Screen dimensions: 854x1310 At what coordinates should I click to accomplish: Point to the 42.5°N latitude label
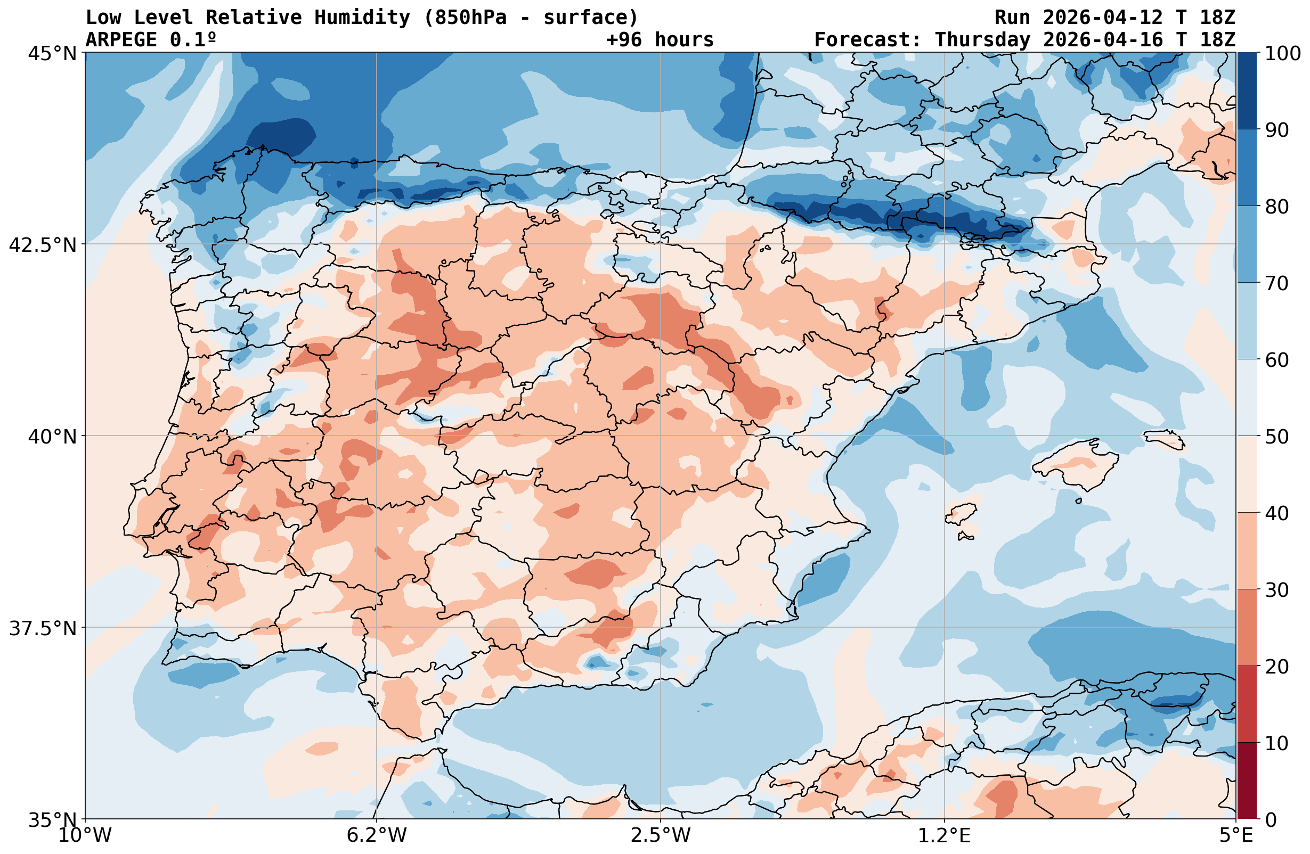tap(43, 245)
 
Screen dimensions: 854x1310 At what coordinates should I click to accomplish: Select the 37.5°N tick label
tap(43, 628)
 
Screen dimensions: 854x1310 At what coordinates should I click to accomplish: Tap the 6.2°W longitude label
tap(377, 836)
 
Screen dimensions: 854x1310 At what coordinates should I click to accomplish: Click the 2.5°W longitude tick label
tap(660, 836)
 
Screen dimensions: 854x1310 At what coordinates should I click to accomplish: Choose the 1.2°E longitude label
tap(943, 836)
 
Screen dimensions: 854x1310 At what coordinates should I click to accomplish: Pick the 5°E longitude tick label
tap(1236, 836)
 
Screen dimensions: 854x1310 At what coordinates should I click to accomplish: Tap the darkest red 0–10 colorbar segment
tap(1247, 781)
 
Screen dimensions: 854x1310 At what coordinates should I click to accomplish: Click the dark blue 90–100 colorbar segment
tap(1247, 91)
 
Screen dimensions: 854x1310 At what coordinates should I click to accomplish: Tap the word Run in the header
tap(1012, 18)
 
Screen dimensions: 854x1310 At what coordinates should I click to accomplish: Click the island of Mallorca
tap(1073, 464)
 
